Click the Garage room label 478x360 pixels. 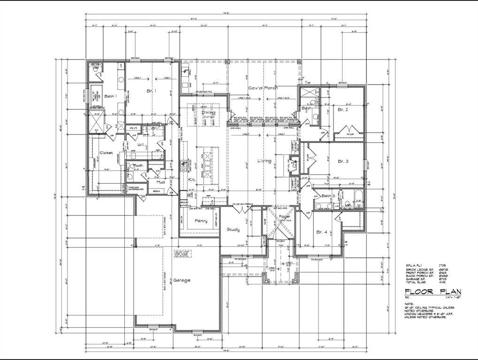tap(182, 280)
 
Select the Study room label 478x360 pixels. tap(233, 229)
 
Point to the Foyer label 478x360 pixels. tap(285, 217)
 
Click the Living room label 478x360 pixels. tap(264, 161)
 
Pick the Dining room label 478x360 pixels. tap(208, 112)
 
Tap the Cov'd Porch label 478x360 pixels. tap(263, 88)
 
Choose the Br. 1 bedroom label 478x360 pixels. tap(151, 90)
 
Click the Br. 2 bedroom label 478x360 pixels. tap(343, 109)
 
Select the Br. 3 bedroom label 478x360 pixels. tap(343, 161)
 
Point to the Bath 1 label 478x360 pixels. tap(110, 96)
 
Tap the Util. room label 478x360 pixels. tap(140, 145)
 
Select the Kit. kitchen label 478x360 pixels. tap(191, 180)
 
